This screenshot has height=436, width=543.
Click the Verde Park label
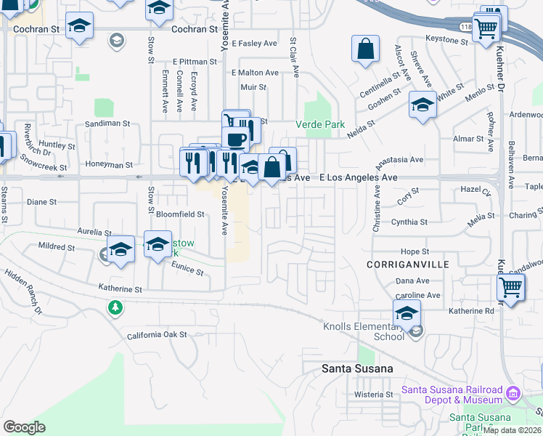320,124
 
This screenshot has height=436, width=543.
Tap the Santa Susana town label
357,368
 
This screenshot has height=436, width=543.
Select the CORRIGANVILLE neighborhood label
407,265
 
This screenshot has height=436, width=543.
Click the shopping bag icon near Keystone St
366,49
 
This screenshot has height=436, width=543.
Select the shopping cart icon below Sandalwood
510,288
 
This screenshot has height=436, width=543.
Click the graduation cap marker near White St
422,105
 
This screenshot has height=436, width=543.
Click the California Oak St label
157,335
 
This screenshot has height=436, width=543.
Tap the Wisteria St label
373,395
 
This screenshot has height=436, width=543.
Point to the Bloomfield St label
181,215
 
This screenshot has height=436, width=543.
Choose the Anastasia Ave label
399,160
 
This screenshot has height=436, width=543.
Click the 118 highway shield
465,27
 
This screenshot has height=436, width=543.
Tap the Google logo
24,427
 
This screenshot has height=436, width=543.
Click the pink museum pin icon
513,394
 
